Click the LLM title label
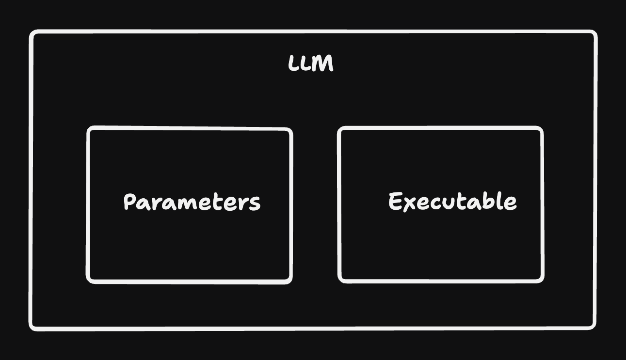[311, 63]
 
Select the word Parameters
[192, 202]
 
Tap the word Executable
[452, 202]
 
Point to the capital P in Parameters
[130, 202]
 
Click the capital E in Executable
[396, 201]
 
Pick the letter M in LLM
[324, 63]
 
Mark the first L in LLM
[293, 63]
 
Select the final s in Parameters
[255, 204]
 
